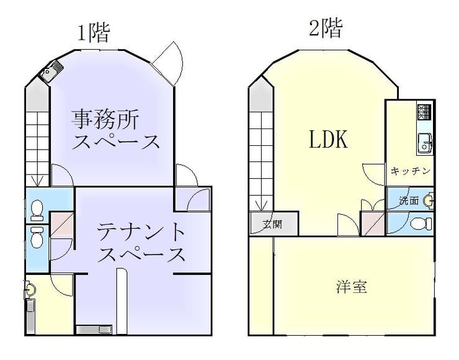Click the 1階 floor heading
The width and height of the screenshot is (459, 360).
(x=94, y=33)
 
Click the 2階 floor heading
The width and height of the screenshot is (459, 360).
(x=326, y=28)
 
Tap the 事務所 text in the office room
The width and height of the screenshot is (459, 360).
(x=105, y=119)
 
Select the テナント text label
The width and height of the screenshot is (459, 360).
(x=141, y=232)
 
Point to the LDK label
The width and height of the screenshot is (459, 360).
(x=329, y=139)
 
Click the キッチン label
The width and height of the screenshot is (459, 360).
(x=411, y=171)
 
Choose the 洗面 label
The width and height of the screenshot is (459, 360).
(x=409, y=201)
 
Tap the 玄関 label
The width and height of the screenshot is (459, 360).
(x=272, y=224)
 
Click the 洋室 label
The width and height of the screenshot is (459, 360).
(x=351, y=286)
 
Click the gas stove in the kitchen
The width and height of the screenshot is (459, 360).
(x=425, y=112)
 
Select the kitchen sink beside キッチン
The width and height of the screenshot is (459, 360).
(x=425, y=143)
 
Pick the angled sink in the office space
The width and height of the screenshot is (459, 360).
(x=51, y=71)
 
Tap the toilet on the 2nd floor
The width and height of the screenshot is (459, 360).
(x=421, y=224)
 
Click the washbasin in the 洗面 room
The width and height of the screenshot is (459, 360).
(x=429, y=200)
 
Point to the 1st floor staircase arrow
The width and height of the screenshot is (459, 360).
(x=37, y=181)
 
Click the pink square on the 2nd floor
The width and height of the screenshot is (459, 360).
(x=372, y=223)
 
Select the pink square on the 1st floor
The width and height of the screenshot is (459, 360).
(x=61, y=224)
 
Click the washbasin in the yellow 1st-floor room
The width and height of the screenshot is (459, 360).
(x=30, y=289)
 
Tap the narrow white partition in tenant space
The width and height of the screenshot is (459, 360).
(x=122, y=301)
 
